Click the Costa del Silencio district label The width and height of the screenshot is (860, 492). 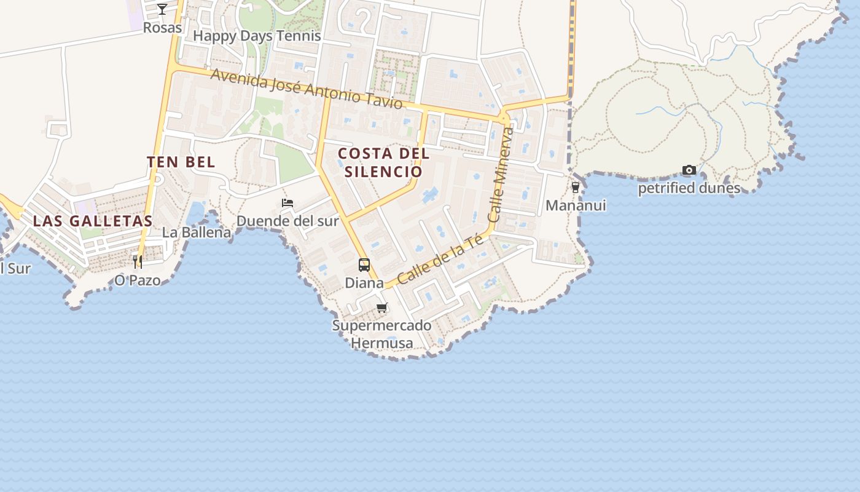coord(383,162)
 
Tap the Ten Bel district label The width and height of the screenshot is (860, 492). coord(181,162)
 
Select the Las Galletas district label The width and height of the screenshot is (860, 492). coord(92,221)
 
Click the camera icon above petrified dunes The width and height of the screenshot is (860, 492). coord(689,170)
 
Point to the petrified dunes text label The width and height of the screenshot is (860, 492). coord(689,188)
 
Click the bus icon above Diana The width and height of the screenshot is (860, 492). coord(364,265)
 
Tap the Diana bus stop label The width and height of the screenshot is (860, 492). coord(364,283)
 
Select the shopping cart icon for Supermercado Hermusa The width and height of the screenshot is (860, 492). coord(382,307)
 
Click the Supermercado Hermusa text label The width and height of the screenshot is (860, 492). coord(382,333)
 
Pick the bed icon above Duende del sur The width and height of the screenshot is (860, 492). coord(287,203)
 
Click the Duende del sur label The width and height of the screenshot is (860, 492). coord(287,221)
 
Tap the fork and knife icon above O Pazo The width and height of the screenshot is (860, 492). coord(138,262)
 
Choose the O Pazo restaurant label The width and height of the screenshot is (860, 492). coord(138,280)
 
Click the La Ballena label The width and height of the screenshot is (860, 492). coord(197,232)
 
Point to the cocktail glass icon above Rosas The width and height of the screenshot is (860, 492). coord(162,9)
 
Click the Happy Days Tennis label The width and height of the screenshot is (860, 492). coord(257,36)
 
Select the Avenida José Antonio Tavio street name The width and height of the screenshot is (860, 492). coord(307,89)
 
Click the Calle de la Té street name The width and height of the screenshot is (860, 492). coord(440,260)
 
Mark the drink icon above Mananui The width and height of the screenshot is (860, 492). coord(576,188)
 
